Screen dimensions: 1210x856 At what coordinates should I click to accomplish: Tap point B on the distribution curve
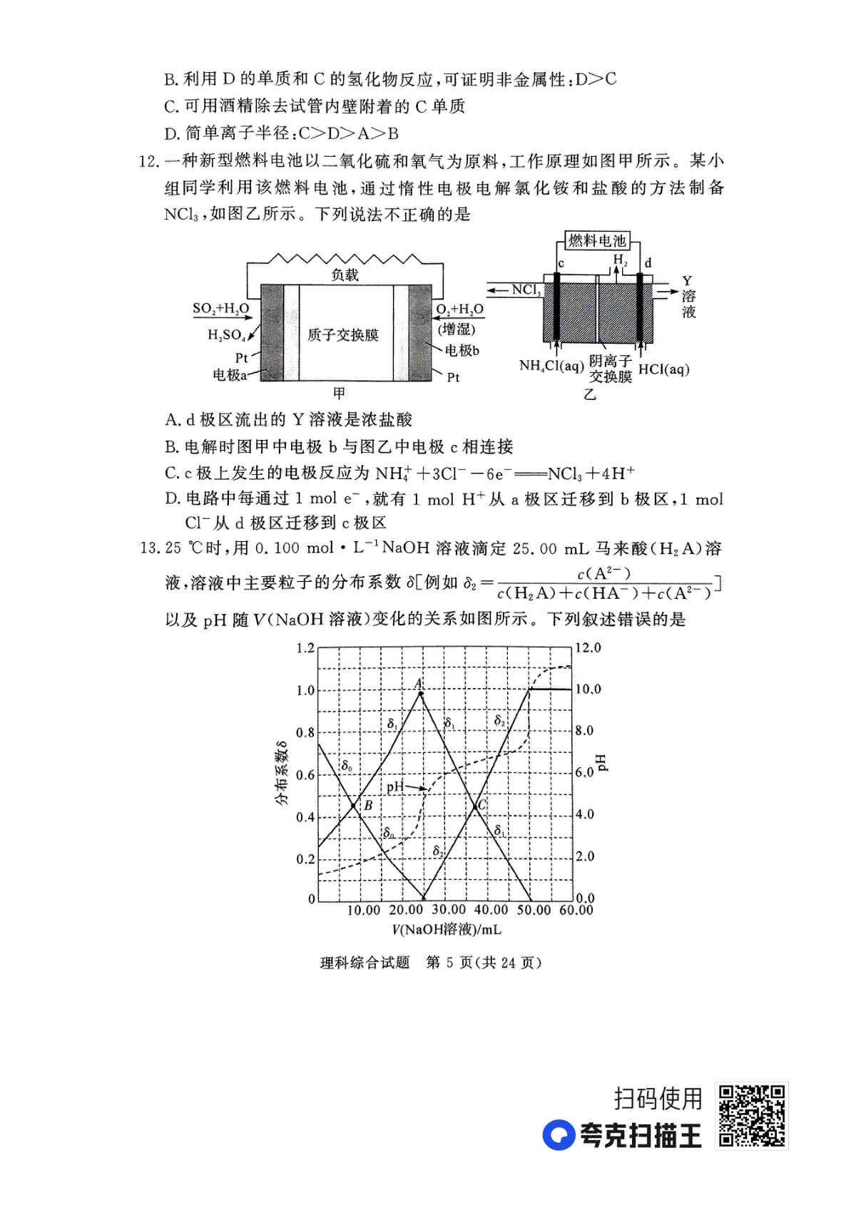(354, 806)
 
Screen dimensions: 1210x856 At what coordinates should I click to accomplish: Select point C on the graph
(476, 806)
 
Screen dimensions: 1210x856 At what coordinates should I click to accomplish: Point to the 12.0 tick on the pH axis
(588, 647)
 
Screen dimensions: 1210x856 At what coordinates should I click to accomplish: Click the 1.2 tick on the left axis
(305, 647)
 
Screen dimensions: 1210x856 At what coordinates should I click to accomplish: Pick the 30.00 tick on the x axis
(448, 910)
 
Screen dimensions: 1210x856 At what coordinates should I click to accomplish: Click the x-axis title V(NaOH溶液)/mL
(447, 929)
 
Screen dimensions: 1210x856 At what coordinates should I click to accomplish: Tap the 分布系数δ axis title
(282, 774)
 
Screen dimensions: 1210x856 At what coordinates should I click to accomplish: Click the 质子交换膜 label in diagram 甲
(343, 334)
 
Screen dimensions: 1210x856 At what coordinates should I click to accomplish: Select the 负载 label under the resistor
(345, 275)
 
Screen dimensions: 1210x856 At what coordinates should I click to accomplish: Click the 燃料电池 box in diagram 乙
(597, 241)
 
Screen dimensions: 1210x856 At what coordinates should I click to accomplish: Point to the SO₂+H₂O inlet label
(221, 309)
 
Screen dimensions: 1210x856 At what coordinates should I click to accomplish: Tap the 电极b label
(462, 350)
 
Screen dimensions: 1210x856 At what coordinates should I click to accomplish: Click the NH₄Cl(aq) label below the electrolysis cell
(551, 366)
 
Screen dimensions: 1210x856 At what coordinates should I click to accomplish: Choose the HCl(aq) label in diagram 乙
(663, 369)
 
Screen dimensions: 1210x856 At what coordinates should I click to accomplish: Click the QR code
(752, 1116)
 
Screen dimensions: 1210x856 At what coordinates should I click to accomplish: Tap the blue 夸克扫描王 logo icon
(559, 1135)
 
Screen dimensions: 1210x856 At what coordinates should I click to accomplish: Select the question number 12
(147, 161)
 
